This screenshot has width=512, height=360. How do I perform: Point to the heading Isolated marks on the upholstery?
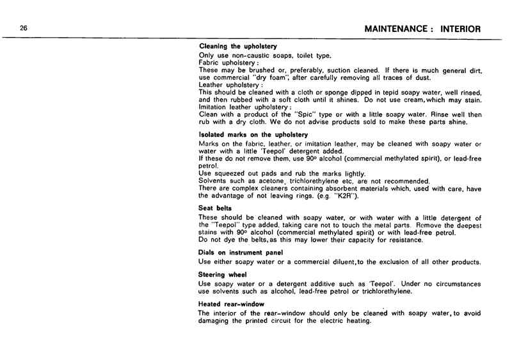(254, 135)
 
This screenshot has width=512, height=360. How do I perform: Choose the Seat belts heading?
(216, 208)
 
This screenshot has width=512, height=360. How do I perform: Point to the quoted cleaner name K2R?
(345, 195)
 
